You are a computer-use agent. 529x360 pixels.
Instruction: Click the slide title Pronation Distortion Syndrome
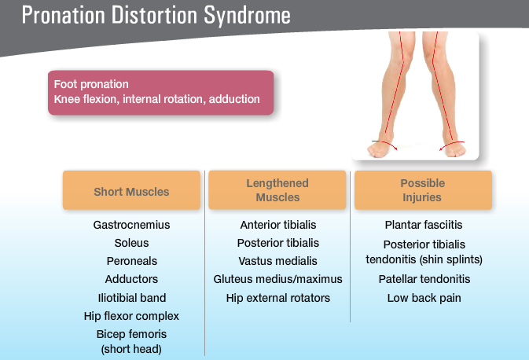click(x=156, y=15)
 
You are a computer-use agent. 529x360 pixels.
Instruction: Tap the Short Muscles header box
click(x=131, y=191)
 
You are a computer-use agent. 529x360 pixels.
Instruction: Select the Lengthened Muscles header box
click(x=277, y=190)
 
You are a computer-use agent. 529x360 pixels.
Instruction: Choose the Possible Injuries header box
click(x=422, y=190)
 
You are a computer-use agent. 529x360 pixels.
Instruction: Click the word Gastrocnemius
click(x=131, y=225)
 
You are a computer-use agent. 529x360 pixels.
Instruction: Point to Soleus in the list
click(x=131, y=243)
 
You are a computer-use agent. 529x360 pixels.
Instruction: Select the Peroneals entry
click(x=131, y=261)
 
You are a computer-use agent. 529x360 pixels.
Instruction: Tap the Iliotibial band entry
click(x=131, y=298)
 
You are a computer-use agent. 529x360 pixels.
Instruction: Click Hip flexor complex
click(x=131, y=316)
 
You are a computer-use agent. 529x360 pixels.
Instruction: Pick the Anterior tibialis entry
click(x=277, y=225)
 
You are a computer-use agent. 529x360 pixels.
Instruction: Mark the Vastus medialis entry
click(x=277, y=261)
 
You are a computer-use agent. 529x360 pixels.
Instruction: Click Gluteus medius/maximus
click(x=277, y=279)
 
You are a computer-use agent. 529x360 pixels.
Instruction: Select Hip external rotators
click(x=277, y=298)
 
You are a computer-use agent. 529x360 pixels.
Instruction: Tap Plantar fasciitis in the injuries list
click(x=423, y=225)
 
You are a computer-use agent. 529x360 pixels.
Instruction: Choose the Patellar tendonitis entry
click(x=423, y=279)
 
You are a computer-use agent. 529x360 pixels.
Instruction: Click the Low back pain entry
click(x=423, y=298)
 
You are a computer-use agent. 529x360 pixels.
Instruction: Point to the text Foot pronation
click(x=91, y=84)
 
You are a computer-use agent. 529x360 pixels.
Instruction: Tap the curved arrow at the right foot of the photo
click(x=452, y=144)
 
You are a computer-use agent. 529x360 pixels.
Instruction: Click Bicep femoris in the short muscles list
click(x=131, y=334)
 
